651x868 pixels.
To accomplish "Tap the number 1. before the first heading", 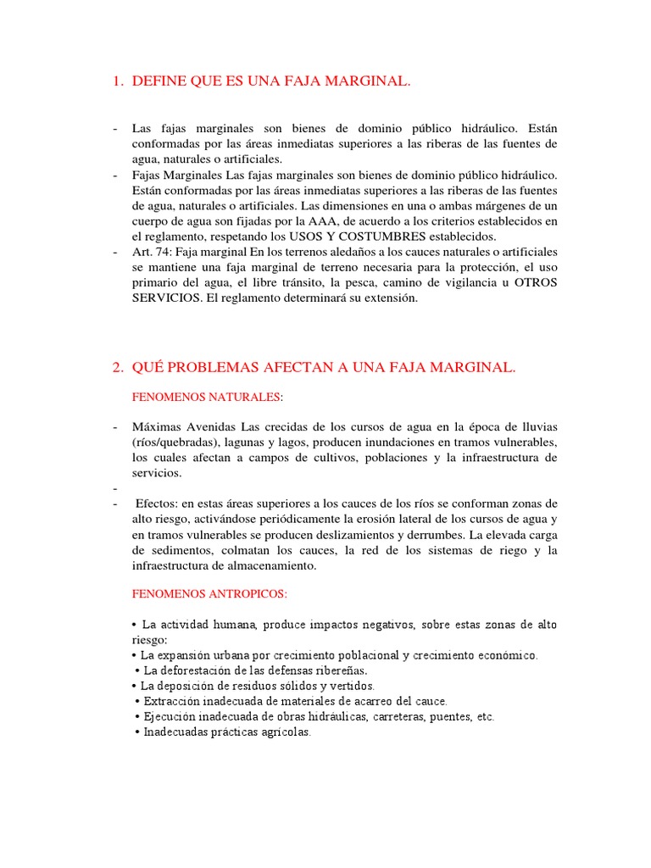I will pos(117,81).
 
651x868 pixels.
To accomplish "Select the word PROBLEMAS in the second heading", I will pos(209,367).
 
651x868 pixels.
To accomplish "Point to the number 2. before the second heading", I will pos(117,367).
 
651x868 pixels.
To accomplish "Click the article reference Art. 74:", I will pos(153,252).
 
